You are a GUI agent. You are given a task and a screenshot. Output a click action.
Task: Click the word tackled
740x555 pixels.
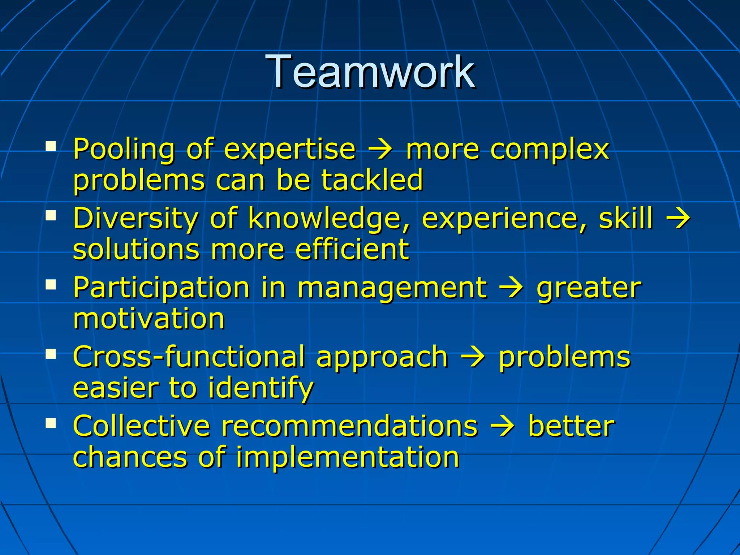372,180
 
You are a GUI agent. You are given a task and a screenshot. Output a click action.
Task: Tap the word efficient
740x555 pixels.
352,249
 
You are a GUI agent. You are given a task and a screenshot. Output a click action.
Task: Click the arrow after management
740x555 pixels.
511,288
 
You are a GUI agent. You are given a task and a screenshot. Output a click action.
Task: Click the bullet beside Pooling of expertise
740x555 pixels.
51,146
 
